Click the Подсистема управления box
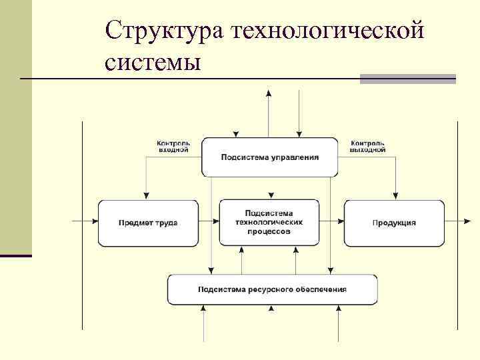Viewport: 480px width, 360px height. coord(270,157)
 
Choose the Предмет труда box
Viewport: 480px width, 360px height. coord(148,223)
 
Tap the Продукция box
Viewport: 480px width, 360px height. coord(394,223)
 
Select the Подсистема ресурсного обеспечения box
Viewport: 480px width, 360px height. coord(272,289)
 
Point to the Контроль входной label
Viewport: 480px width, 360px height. coord(173,146)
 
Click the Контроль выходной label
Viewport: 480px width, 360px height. coord(368,146)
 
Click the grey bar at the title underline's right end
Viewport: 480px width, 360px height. coord(408,79)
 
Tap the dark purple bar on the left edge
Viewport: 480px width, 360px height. coord(16,255)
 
